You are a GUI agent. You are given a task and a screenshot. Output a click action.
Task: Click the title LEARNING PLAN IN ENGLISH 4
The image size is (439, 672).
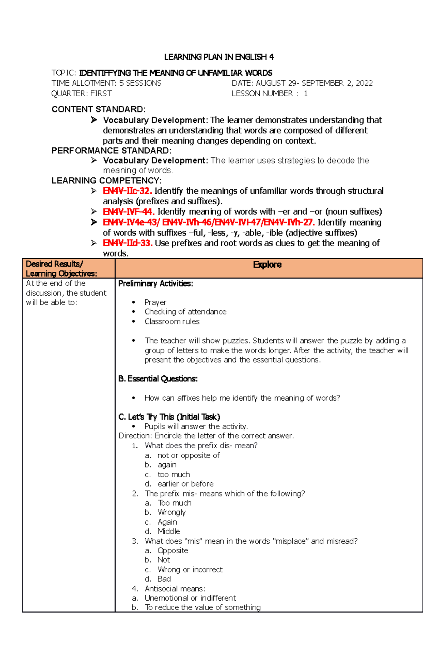coord(219,57)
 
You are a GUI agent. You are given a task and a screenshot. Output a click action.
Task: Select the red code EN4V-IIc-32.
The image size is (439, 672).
coord(127,191)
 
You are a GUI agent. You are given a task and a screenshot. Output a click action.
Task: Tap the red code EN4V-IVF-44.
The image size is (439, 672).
coord(128,212)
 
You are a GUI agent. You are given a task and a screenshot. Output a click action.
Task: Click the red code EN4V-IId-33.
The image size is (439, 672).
coord(127,243)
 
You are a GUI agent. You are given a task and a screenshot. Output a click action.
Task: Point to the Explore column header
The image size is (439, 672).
coord(267,265)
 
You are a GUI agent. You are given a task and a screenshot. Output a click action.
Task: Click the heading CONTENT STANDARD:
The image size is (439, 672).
coord(98,109)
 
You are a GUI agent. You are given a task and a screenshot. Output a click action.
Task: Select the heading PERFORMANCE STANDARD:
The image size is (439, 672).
coord(112,151)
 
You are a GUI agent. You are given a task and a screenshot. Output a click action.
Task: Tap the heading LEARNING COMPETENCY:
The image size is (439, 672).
coord(106,181)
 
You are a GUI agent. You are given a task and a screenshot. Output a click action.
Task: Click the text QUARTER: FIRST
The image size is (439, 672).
coord(82,94)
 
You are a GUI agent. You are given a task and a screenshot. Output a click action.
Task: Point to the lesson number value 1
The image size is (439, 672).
coord(305,94)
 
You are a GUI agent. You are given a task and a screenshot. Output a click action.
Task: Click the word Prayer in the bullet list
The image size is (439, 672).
coord(155,302)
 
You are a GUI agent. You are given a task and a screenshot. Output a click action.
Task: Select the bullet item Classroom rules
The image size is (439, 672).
coord(172,322)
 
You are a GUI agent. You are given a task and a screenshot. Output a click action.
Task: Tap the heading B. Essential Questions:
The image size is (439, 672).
coord(158,379)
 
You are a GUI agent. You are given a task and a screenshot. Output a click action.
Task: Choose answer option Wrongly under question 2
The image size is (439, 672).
coord(172,512)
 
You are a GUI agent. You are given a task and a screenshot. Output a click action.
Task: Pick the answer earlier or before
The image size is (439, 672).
coord(185,484)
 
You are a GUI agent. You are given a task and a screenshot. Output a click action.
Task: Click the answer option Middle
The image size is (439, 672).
coord(169,531)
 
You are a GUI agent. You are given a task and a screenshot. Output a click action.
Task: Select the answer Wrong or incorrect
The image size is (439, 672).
coord(190,569)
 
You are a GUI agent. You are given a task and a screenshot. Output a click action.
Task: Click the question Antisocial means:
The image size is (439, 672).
coord(175,589)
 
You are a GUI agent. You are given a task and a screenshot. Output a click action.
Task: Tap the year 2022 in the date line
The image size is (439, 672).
coord(364,83)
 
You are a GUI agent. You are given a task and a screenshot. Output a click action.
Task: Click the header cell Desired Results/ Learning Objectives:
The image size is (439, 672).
coord(61,268)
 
